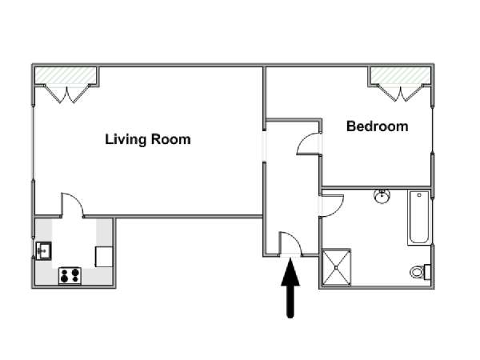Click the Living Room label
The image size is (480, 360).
[148, 139]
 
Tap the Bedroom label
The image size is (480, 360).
[377, 126]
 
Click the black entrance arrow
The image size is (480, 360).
[290, 288]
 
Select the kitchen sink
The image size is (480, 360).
[43, 250]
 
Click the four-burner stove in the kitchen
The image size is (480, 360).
[70, 275]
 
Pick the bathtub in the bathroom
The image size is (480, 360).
[418, 218]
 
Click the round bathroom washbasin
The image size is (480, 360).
[382, 196]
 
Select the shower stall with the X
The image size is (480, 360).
[336, 267]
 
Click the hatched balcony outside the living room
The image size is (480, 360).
[66, 75]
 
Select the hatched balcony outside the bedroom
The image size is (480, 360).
[400, 74]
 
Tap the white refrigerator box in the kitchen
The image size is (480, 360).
[104, 257]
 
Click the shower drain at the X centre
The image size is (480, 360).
[336, 267]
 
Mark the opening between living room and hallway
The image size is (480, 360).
[264, 146]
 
